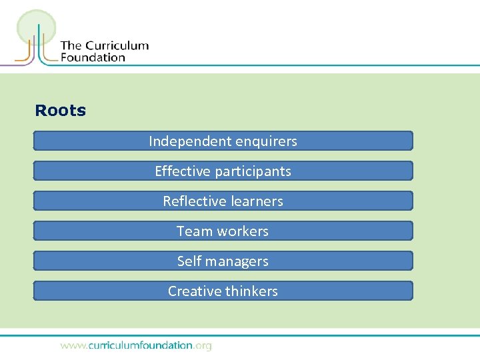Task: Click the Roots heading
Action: [x=60, y=111]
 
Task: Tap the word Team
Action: [x=194, y=231]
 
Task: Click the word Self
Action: [x=189, y=261]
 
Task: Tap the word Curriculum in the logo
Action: [x=116, y=46]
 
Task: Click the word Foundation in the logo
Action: [x=93, y=57]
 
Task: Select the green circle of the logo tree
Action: [x=36, y=27]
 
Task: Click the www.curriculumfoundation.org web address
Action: [x=136, y=345]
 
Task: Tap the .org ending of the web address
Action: [x=202, y=345]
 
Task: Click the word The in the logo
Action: [x=71, y=46]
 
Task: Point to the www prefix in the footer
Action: [x=72, y=346]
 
